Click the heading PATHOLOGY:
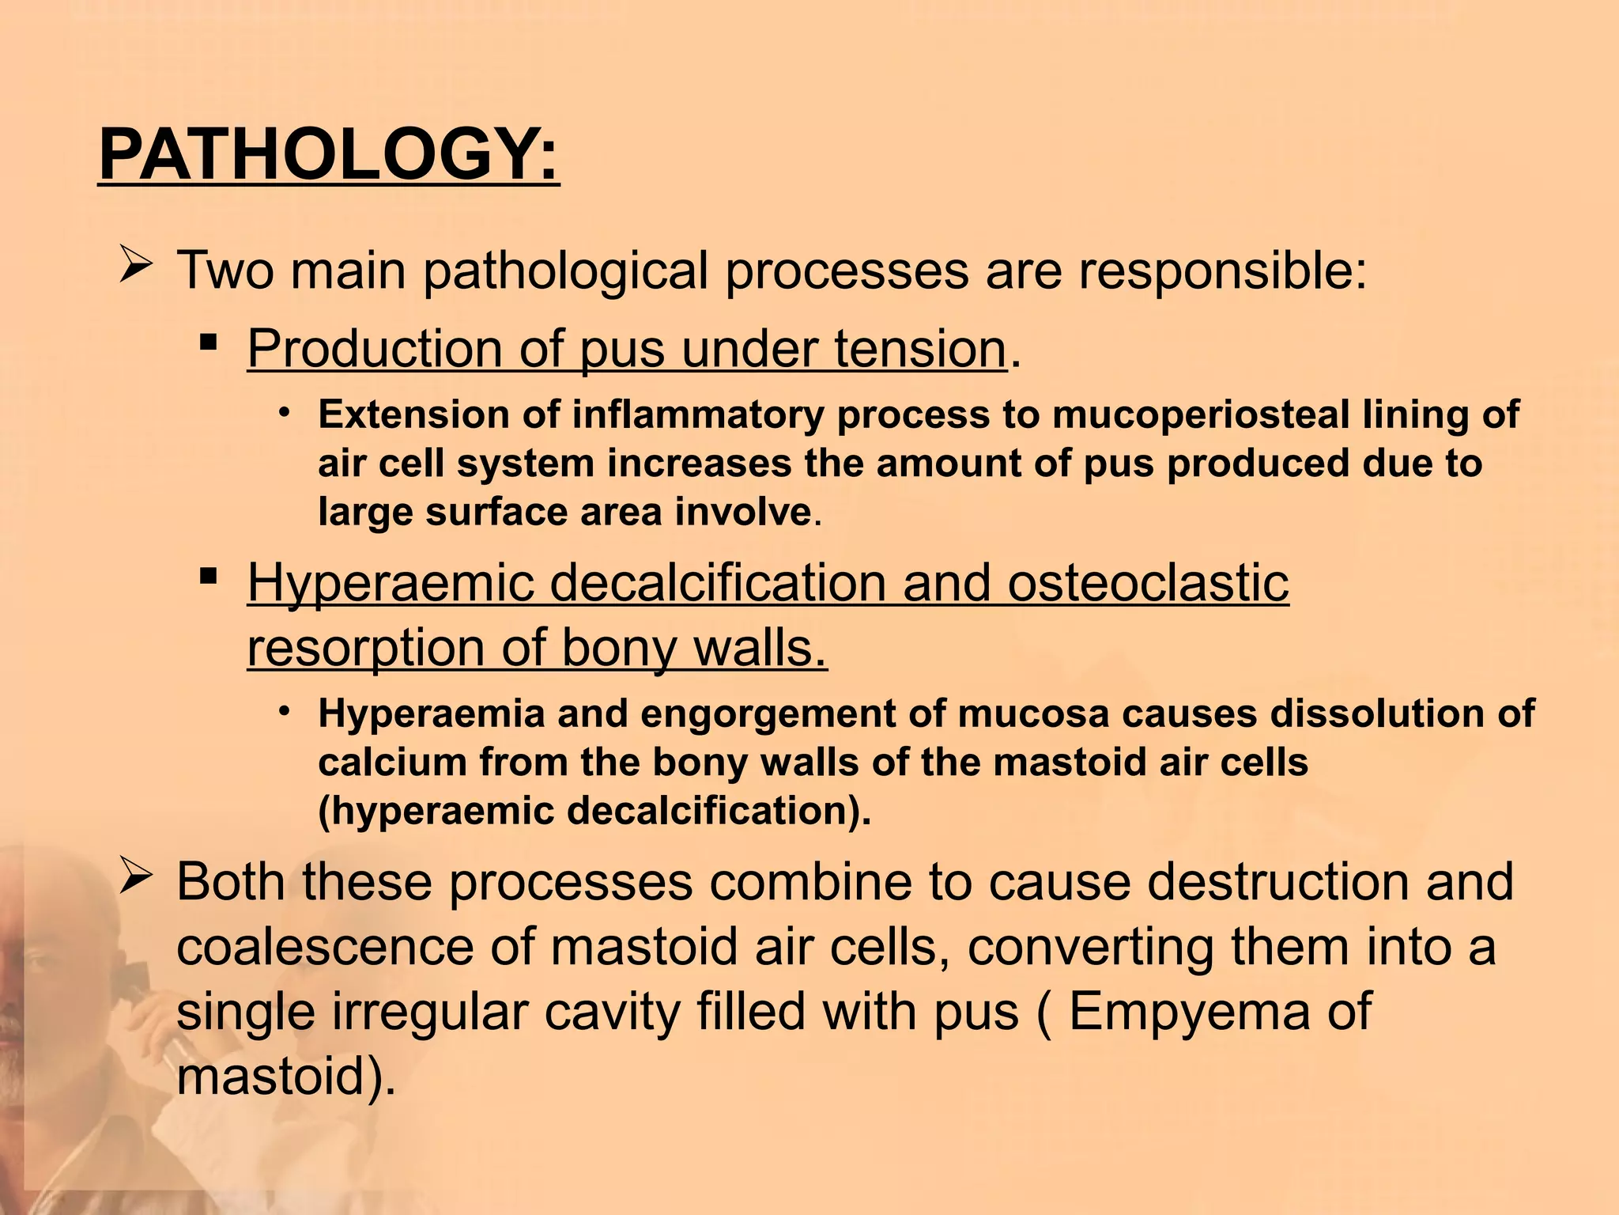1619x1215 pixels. click(329, 156)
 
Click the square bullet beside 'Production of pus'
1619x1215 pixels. click(209, 343)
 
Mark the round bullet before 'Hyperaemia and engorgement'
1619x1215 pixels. click(285, 710)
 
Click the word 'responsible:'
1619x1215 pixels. click(1223, 271)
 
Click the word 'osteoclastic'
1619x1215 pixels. click(1148, 583)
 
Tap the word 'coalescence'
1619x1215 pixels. click(325, 947)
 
